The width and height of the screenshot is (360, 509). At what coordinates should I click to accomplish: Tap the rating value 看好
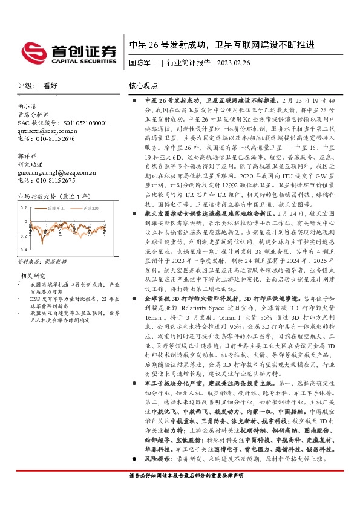pos(50,86)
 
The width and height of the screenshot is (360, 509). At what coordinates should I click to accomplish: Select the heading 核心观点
pos(143,86)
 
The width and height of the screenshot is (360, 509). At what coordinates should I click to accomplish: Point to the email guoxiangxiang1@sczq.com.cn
pos(57,173)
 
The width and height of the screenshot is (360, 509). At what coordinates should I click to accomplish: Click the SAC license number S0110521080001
pos(71,123)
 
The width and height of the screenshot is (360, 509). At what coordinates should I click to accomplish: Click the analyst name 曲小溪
pos(28,107)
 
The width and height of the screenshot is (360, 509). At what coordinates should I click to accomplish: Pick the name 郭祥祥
pos(28,157)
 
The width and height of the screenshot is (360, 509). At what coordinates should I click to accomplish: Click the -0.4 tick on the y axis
pos(22,250)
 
